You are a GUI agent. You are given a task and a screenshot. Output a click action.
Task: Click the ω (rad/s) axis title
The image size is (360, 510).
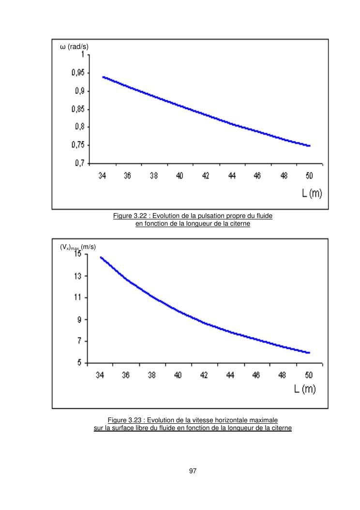pos(74,46)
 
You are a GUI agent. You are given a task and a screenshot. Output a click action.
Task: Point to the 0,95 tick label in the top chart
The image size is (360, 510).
pos(78,73)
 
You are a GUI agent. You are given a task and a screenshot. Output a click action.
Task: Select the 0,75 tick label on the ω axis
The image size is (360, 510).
pos(78,145)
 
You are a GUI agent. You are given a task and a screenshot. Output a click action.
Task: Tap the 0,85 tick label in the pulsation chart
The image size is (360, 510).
pos(78,109)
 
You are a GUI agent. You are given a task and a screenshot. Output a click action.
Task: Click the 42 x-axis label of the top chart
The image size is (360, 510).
pos(206,176)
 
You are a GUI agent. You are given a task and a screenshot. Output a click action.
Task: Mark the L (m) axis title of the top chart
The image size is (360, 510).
pos(312,193)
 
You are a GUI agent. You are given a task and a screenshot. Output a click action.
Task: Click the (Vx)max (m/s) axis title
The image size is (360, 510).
pos(78,247)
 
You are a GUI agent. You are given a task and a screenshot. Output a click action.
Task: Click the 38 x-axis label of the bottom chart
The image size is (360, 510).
pos(152,375)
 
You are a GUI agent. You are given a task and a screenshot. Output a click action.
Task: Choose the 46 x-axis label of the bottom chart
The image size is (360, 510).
pos(256,375)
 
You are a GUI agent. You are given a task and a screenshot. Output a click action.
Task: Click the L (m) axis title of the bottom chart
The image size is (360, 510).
pos(306,389)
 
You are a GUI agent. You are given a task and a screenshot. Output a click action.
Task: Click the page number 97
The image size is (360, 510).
pos(193,471)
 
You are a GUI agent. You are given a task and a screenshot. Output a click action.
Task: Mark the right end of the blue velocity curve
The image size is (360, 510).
pos(309,353)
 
